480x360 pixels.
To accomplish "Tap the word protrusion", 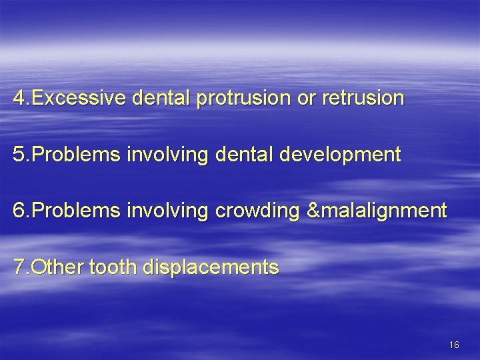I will pos(241,99).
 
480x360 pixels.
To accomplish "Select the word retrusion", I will pos(362,99).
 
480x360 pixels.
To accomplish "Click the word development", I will pos(343,155).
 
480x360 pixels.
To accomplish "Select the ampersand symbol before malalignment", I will pos(312,212).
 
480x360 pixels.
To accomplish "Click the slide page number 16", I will pos(454,344).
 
